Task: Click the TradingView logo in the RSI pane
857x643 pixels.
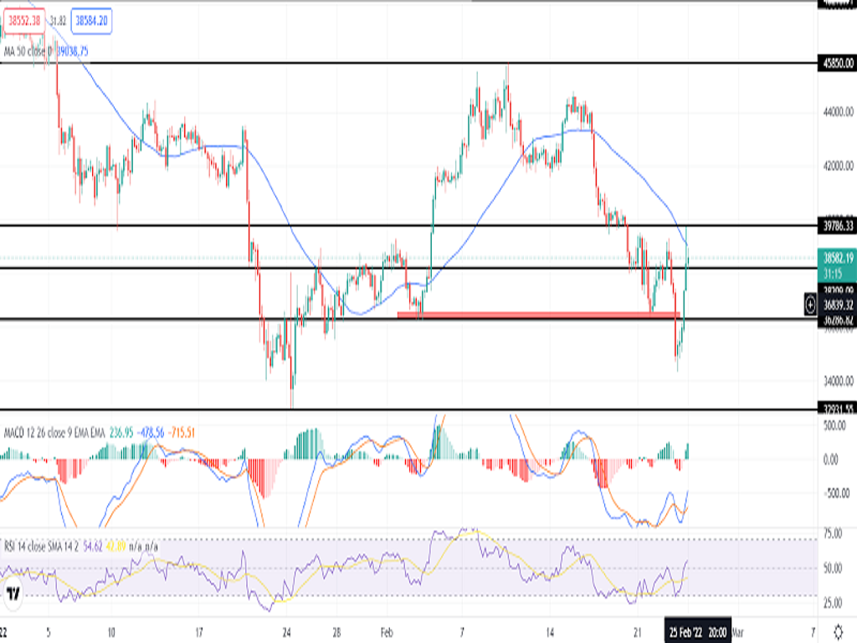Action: click(13, 594)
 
